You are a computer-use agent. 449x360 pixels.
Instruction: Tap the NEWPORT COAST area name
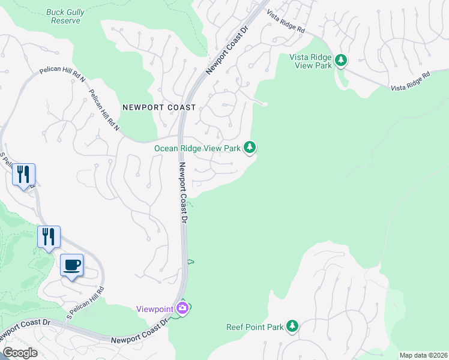tap(159, 107)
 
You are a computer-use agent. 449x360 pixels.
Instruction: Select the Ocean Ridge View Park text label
tap(197, 148)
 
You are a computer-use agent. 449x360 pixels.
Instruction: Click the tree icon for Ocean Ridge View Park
tap(250, 147)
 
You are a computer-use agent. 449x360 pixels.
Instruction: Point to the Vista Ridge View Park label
tap(311, 61)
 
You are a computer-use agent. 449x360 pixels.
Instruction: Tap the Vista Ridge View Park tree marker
tap(341, 60)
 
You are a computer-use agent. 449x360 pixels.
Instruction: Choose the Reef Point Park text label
tap(254, 327)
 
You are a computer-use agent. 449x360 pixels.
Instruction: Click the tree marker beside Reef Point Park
tap(292, 326)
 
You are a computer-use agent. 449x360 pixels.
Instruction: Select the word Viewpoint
tap(155, 308)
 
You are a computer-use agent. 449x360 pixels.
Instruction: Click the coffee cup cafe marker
tap(71, 265)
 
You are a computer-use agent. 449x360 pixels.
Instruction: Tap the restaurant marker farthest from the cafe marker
tap(23, 175)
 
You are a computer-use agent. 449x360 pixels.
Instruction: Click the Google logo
tap(20, 353)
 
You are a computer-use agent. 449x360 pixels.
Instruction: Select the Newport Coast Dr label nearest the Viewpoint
tap(140, 333)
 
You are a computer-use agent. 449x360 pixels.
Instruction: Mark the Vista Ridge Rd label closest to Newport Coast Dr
tap(286, 21)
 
